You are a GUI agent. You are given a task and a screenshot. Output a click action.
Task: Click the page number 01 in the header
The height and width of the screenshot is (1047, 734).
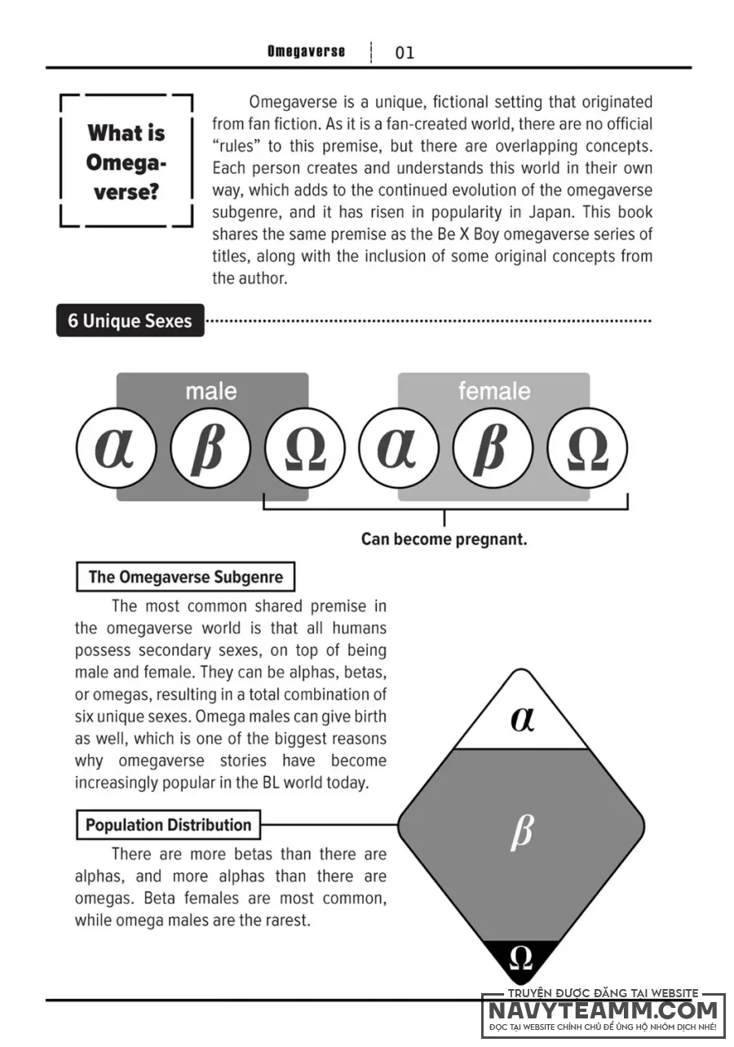click(405, 53)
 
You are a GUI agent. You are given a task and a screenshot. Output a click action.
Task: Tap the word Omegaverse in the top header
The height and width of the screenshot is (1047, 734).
click(306, 51)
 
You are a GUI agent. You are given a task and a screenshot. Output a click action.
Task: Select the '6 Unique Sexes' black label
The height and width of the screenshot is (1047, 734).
click(130, 321)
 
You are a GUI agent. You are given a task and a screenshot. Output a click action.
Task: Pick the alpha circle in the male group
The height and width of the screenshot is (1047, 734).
click(116, 447)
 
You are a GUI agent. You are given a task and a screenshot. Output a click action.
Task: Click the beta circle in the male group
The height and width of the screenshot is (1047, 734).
click(210, 447)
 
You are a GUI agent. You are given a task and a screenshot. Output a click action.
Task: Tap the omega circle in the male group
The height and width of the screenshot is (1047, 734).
click(304, 447)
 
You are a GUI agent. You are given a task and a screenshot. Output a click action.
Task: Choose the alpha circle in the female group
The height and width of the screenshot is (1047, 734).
click(398, 447)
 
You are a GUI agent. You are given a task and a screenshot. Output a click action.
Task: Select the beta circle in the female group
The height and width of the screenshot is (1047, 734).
click(493, 447)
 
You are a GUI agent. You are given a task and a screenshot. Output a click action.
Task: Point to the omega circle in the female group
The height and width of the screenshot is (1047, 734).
click(586, 447)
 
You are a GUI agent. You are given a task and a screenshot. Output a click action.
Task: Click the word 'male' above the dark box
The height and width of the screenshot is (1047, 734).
click(211, 392)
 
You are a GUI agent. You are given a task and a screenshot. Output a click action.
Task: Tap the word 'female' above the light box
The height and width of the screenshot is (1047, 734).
click(493, 392)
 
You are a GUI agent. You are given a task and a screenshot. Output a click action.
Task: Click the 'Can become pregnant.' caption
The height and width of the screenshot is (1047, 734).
click(444, 539)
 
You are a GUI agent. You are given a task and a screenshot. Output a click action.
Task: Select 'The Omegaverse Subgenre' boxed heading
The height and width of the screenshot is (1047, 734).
click(185, 577)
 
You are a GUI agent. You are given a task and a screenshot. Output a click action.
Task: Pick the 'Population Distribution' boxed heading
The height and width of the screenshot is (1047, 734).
click(168, 825)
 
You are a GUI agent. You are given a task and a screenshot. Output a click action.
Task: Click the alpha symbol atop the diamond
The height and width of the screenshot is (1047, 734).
click(522, 719)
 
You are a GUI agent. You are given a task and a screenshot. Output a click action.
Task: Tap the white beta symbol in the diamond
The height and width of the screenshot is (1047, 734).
click(521, 833)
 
